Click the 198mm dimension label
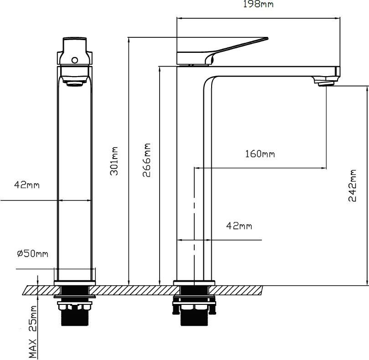click(258, 4)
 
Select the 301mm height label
click(114, 161)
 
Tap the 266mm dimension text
click(146, 160)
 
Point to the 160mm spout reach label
click(260, 154)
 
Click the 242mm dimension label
click(352, 185)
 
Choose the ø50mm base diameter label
click(33, 253)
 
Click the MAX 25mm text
click(33, 332)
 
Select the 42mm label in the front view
click(27, 185)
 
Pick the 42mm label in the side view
click(239, 226)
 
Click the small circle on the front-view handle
click(75, 60)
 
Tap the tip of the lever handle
click(267, 38)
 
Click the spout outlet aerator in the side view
click(326, 83)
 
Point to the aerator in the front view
click(75, 83)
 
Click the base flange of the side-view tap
click(194, 283)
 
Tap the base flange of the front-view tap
click(75, 283)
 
